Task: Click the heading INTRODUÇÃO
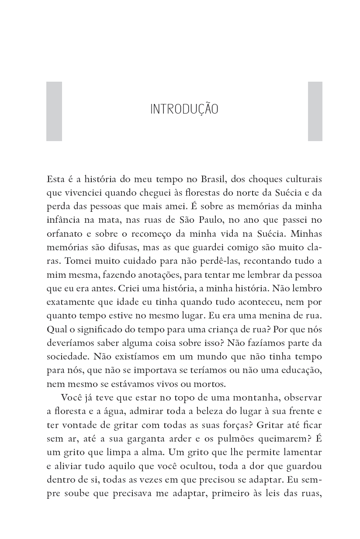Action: [x=184, y=109]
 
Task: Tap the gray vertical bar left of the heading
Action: [x=54, y=111]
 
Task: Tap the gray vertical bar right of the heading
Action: [x=315, y=111]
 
